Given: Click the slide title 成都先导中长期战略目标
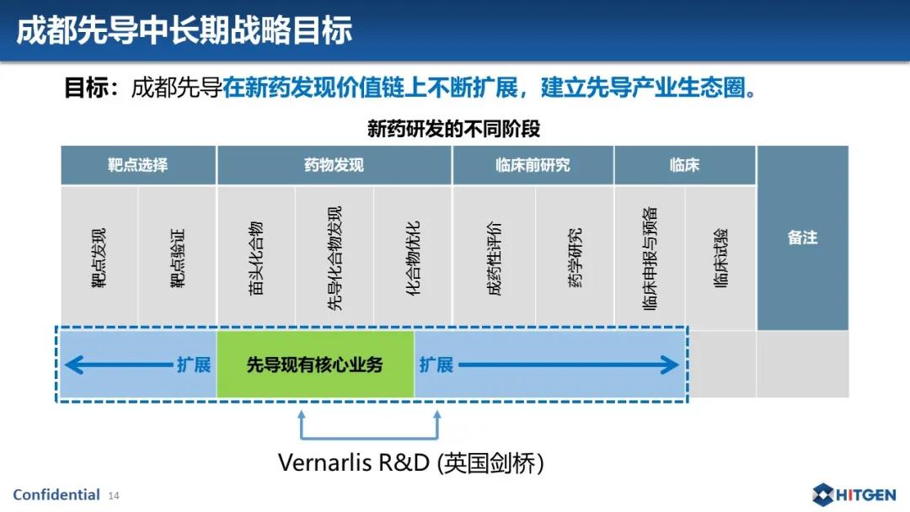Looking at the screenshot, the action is pos(184,30).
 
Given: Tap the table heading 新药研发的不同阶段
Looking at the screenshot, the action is pos(454,129).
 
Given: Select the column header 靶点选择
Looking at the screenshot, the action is pos(137,165).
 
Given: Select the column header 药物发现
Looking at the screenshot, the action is pos(334,165).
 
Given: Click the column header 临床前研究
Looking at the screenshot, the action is pos(533,165).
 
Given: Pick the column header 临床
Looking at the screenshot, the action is pos(684,165).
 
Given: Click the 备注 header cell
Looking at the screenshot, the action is pos(803,237).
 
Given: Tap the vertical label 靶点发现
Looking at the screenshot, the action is pos(99,258).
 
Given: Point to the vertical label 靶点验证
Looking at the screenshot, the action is pos(177,258).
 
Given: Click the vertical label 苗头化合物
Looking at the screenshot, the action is pos(256,258).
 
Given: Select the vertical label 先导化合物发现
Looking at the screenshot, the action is pos(335,258).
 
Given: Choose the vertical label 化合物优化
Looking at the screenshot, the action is pos(413,258).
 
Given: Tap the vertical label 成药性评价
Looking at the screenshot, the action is pos(494,258).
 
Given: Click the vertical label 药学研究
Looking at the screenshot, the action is pos(575,258).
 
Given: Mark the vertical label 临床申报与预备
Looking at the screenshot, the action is pos(650,258).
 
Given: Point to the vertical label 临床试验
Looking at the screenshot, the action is pos(720,258).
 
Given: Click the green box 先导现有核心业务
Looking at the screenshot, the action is pos(315,365).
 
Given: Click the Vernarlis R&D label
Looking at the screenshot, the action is pos(411,462).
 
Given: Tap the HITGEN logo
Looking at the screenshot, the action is pos(854,494).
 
